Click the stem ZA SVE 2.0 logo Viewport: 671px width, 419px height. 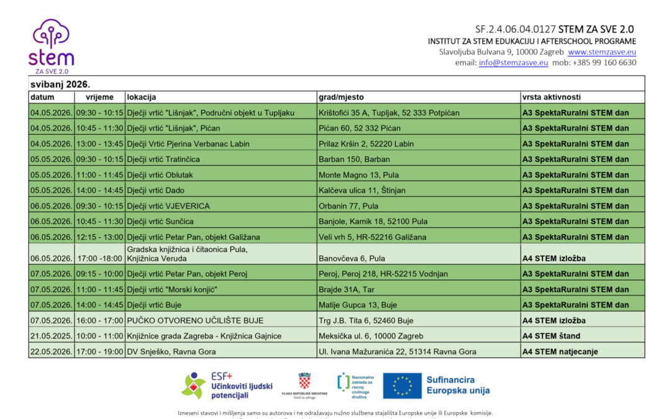click(51, 47)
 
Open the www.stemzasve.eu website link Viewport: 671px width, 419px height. click(601, 52)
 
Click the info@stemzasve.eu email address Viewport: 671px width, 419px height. click(513, 62)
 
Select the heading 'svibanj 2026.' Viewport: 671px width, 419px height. click(56, 84)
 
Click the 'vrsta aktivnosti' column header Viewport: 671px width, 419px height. click(552, 97)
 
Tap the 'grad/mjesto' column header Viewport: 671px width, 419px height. click(341, 97)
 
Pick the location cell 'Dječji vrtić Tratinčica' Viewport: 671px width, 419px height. click(163, 159)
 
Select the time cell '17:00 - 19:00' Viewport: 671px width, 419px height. click(99, 351)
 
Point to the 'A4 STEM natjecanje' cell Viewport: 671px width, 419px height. click(560, 351)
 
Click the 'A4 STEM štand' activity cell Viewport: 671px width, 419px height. click(551, 336)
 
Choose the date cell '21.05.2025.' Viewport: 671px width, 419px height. click(51, 336)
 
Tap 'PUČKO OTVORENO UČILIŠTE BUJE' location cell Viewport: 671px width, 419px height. click(195, 320)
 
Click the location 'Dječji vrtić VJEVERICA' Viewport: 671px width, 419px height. click(168, 205)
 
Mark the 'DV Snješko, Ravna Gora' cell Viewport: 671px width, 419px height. click(171, 351)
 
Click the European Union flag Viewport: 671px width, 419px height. click(402, 385)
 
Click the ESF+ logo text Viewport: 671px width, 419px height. click(222, 376)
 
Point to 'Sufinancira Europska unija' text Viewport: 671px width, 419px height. click(458, 385)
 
